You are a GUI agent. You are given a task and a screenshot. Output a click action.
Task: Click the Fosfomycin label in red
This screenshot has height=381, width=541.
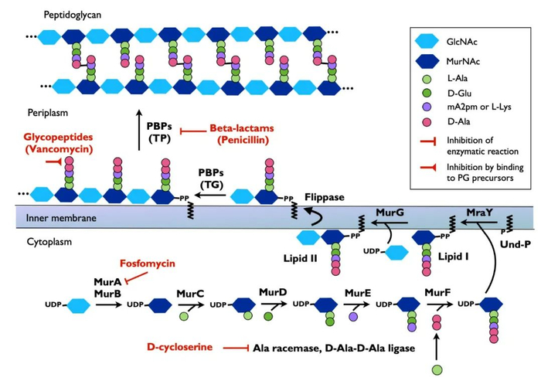click(147, 264)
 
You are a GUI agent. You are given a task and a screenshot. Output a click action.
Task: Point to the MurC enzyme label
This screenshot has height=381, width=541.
click(190, 294)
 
